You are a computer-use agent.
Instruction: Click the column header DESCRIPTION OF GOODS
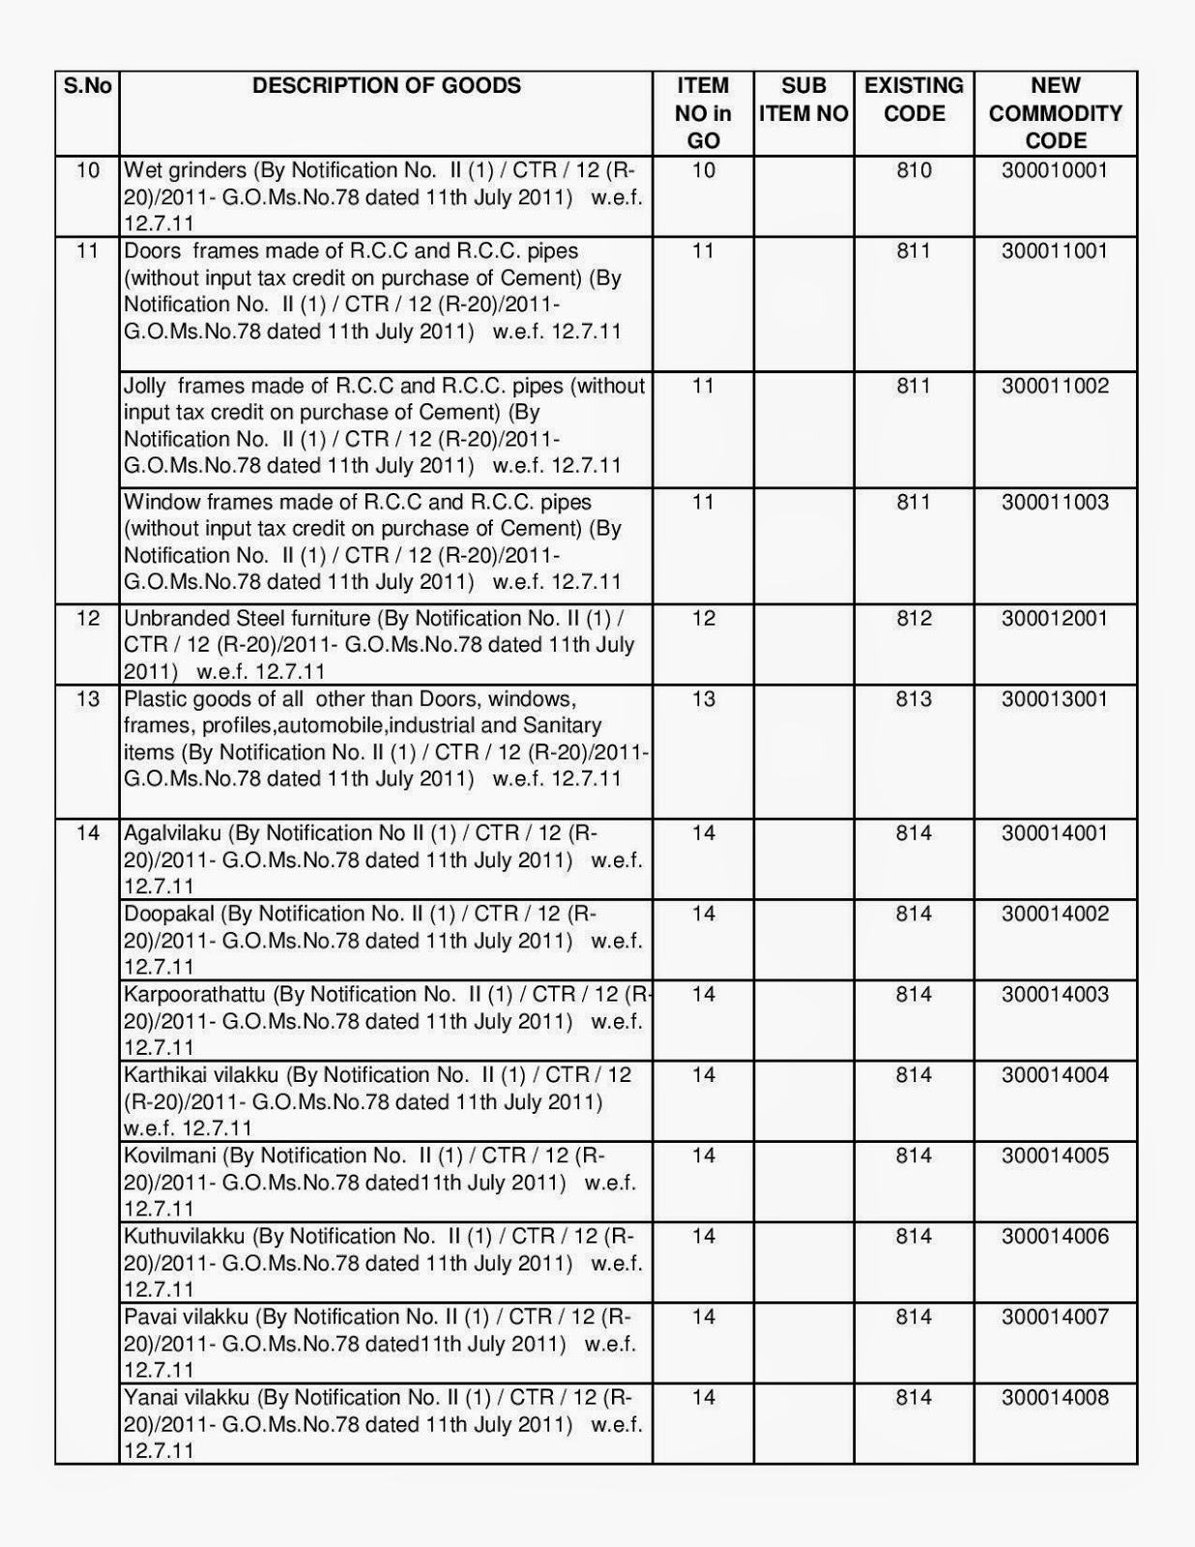point(386,86)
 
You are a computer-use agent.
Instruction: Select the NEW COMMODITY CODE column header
point(1055,113)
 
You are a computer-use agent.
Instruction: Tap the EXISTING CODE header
point(914,100)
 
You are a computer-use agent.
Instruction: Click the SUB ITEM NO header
point(802,100)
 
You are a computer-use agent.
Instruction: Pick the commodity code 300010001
point(1055,171)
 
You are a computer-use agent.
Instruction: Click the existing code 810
point(914,171)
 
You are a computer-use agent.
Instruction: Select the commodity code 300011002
point(1055,387)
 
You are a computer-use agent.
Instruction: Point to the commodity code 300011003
point(1055,503)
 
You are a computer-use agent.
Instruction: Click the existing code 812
point(914,619)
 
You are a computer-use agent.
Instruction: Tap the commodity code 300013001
point(1055,699)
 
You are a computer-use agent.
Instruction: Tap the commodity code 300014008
point(1055,1398)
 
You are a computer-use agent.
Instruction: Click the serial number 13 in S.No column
point(87,699)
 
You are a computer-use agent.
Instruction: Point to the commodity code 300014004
point(1055,1075)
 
